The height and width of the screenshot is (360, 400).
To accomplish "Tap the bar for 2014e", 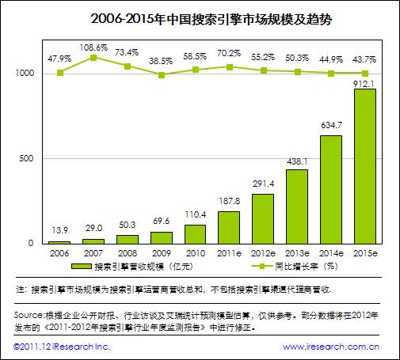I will [330, 190].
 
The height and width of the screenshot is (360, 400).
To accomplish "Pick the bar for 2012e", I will [263, 218].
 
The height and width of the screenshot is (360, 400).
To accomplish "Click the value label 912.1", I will [364, 82].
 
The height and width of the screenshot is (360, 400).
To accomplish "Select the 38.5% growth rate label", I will [162, 59].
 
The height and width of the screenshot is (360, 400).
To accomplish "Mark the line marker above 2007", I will [94, 58].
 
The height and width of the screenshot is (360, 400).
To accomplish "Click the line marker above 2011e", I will [230, 66].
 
